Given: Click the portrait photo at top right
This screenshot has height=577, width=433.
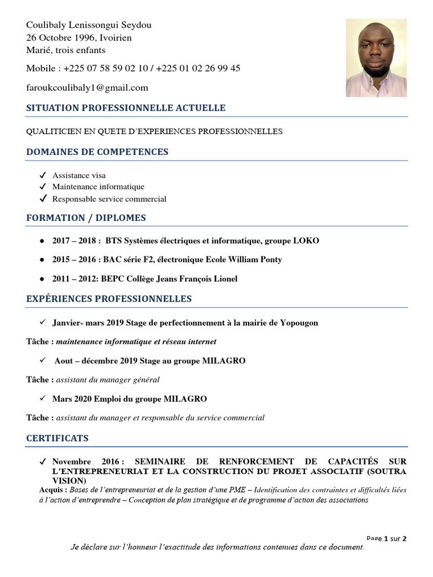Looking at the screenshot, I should click(x=376, y=57).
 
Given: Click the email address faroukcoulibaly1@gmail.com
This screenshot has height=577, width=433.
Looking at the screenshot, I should click(x=87, y=87).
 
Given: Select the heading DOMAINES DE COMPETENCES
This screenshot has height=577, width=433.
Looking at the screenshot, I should click(x=98, y=152).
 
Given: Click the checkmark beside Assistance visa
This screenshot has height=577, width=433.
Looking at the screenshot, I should click(x=42, y=175).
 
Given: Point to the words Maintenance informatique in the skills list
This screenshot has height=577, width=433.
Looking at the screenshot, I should click(x=98, y=187).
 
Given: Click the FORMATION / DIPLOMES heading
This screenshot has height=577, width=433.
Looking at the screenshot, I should click(x=86, y=218).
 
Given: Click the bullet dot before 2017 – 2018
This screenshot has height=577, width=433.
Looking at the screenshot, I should click(x=42, y=241).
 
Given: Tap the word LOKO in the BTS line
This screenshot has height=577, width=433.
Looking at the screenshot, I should click(x=306, y=241).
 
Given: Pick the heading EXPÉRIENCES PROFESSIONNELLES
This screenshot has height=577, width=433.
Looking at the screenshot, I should click(x=109, y=299).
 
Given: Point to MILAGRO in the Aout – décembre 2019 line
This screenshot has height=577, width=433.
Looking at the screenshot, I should click(x=224, y=361).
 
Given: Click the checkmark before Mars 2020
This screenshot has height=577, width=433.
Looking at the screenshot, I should click(x=42, y=398).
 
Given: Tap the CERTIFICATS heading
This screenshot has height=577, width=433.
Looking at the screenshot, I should click(x=58, y=438).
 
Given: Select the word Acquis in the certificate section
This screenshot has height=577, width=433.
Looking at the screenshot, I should click(x=38, y=490).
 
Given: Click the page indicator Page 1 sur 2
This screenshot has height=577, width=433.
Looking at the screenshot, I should click(x=386, y=538).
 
